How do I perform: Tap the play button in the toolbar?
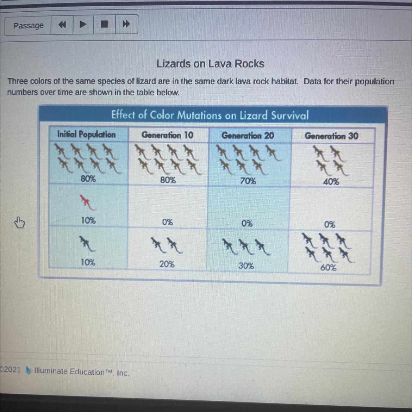pos(83,24)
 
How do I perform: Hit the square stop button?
pos(104,24)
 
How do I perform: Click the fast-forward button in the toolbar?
pos(126,24)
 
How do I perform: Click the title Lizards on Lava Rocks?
pos(210,64)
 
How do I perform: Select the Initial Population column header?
pos(86,134)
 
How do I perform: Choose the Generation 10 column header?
pos(167,135)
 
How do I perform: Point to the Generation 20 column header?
pos(248,136)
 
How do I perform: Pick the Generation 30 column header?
pos(332,136)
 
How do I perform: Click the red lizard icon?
pos(87,202)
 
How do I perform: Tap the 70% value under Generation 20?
pos(248,181)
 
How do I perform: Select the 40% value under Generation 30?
pos(331,182)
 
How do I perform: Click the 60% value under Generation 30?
pos(328,268)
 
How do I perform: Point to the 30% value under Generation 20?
pos(246,266)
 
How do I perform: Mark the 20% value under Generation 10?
pos(167,264)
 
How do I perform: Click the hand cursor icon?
pos(19,223)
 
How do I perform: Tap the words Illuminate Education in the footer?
pos(69,372)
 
